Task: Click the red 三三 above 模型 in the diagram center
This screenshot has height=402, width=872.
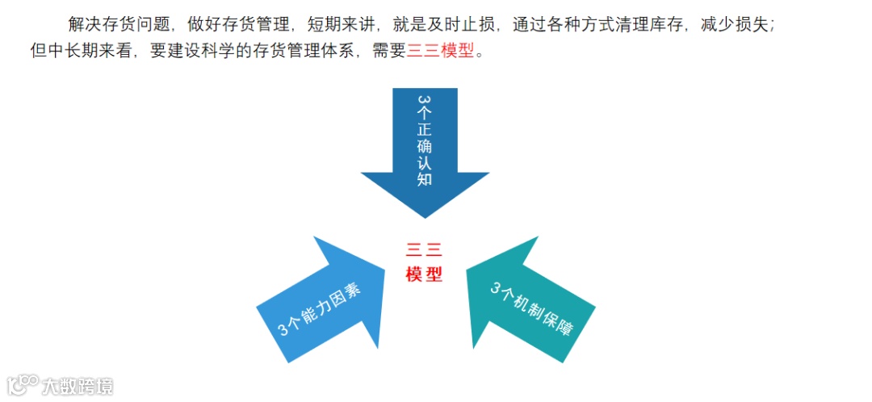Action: (425, 251)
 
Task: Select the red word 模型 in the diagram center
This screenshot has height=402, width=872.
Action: (425, 274)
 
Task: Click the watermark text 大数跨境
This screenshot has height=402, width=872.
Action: (78, 386)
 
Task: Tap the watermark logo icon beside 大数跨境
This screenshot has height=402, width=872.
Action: (23, 384)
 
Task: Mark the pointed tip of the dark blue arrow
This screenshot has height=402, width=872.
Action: (425, 216)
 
